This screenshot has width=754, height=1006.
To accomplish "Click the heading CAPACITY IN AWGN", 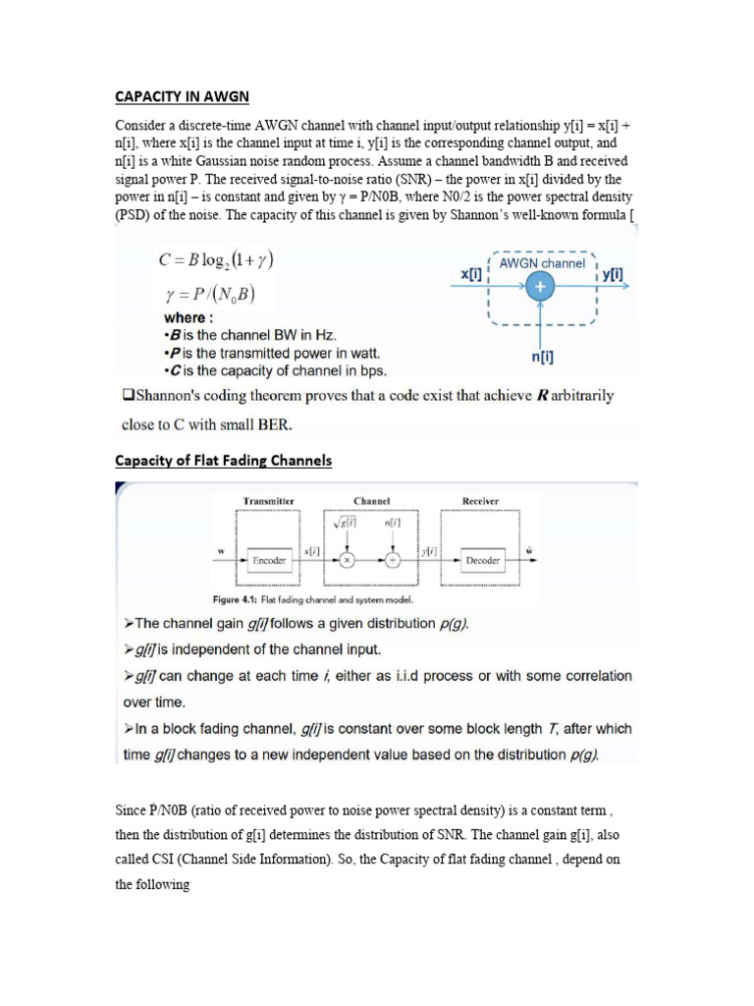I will point(183,96).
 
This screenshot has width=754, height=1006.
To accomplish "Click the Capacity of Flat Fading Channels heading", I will point(224,461).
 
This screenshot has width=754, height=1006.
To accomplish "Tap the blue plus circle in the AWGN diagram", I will point(540,285).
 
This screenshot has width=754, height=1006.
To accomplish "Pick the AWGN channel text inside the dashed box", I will point(542,263).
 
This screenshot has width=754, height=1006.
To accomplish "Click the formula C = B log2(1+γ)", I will point(216,261).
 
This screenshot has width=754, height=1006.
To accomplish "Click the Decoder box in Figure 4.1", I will point(482,561).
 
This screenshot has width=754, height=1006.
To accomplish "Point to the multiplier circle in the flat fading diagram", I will point(347,561).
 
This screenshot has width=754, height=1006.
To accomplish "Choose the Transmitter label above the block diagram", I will point(269,501).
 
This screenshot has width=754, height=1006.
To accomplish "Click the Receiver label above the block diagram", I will point(480,501).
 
